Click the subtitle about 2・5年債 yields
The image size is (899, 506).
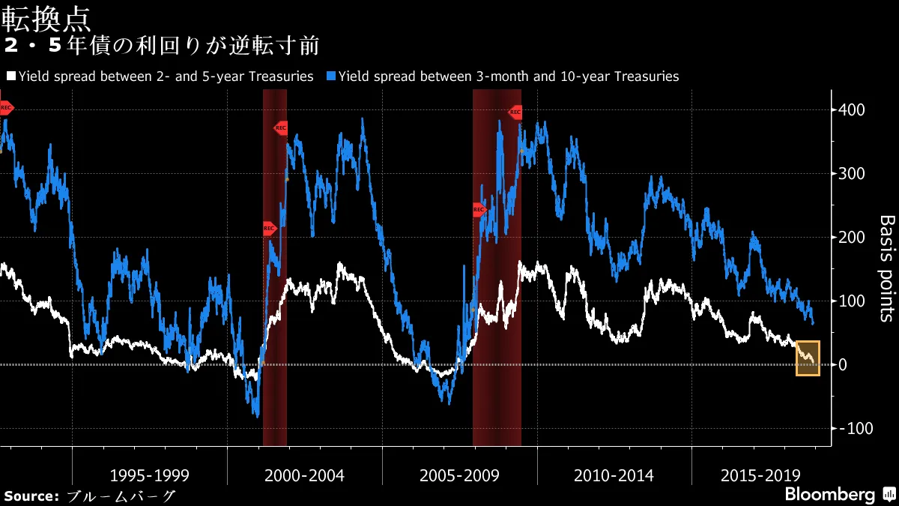(x=161, y=46)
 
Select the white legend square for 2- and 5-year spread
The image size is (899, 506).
(x=10, y=76)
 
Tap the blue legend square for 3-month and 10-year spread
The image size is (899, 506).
(x=330, y=76)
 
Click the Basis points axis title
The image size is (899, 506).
(x=886, y=268)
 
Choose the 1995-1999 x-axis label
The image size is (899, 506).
(x=149, y=476)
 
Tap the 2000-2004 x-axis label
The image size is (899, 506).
(x=304, y=476)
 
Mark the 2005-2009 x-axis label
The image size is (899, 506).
(x=459, y=476)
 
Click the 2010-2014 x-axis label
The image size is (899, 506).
(x=614, y=476)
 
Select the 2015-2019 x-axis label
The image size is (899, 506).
(x=760, y=476)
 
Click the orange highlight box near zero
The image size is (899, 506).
(x=808, y=358)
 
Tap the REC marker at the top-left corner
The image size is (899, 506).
(x=6, y=108)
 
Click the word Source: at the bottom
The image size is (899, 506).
(x=31, y=496)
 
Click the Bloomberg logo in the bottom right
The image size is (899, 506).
(x=830, y=495)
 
